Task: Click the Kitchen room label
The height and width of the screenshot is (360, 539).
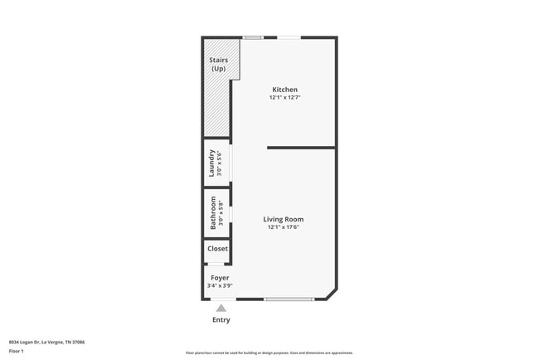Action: pyautogui.click(x=284, y=90)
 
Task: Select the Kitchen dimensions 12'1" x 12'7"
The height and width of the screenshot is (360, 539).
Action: pyautogui.click(x=284, y=98)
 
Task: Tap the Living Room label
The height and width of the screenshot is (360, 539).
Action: pyautogui.click(x=283, y=219)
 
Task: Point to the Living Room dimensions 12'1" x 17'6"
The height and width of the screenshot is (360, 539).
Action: pyautogui.click(x=283, y=227)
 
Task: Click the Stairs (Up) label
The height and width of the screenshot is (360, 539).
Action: pyautogui.click(x=218, y=64)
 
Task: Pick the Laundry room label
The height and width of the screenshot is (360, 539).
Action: pyautogui.click(x=212, y=163)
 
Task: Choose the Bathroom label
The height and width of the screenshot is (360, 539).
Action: pyautogui.click(x=213, y=212)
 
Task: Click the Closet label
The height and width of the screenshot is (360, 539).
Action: pyautogui.click(x=217, y=249)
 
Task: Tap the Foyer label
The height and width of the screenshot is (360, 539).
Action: pyautogui.click(x=220, y=278)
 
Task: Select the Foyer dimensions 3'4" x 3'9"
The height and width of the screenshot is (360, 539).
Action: pyautogui.click(x=220, y=286)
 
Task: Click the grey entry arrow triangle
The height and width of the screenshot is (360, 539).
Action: pyautogui.click(x=221, y=308)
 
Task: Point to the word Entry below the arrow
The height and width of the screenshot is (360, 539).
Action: pyautogui.click(x=221, y=320)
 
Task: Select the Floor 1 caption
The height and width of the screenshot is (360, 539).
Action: pyautogui.click(x=17, y=351)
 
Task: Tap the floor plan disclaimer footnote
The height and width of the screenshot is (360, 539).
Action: pyautogui.click(x=269, y=353)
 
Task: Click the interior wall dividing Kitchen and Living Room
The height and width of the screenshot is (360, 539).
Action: pyautogui.click(x=301, y=148)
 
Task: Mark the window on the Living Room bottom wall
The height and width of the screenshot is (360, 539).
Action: pyautogui.click(x=289, y=299)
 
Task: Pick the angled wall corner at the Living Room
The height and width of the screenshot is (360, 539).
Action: pyautogui.click(x=332, y=294)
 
